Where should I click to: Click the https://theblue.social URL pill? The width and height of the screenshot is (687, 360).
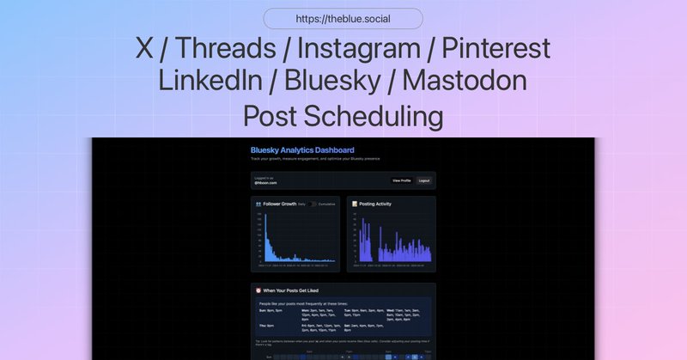tap(343, 19)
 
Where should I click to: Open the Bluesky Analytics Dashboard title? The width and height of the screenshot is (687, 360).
tap(302, 150)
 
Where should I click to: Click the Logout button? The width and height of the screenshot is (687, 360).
tap(423, 180)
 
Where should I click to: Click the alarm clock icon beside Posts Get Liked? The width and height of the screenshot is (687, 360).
tap(258, 290)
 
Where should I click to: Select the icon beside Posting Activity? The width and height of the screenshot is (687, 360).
tap(355, 204)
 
